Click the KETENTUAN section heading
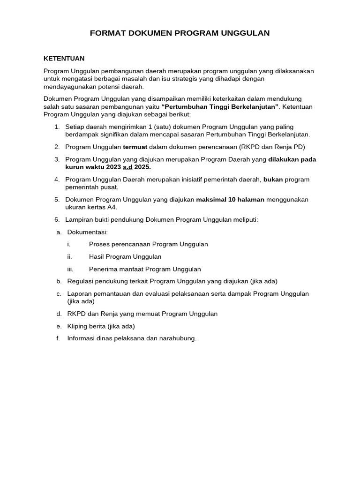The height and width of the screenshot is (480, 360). tap(64, 59)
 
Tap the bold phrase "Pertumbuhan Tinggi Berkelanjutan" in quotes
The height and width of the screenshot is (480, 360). tap(220, 107)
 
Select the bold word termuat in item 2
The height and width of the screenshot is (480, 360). tap(135, 147)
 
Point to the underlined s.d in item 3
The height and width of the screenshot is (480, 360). tap(127, 167)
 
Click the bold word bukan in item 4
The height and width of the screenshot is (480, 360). tap(273, 180)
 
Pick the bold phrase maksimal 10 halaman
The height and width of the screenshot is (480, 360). tap(230, 200)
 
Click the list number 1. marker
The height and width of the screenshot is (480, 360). tap(57, 127)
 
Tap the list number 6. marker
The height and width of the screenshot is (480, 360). tap(57, 219)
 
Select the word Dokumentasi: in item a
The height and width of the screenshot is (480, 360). tap(88, 232)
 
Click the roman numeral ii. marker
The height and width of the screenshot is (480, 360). tap(69, 257)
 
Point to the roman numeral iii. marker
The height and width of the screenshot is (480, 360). tap(70, 269)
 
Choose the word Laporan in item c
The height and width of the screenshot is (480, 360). tap(79, 294)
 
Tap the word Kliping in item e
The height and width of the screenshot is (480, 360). tap(77, 326)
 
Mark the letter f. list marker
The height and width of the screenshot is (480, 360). tap(58, 338)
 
